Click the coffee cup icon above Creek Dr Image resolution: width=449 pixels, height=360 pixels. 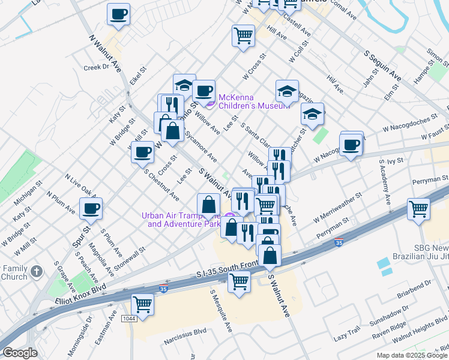click(x=118, y=14)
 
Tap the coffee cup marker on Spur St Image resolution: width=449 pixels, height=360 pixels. click(x=91, y=208)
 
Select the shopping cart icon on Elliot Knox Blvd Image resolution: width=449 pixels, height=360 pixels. click(x=142, y=304)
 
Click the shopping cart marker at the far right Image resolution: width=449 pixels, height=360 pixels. click(x=418, y=209)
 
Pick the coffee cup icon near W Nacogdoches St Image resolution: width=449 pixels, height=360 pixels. click(x=351, y=145)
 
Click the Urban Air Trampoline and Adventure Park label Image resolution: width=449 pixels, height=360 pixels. click(x=181, y=220)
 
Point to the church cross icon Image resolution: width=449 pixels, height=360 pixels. click(x=36, y=271)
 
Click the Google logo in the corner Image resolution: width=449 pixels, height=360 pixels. click(x=20, y=353)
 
